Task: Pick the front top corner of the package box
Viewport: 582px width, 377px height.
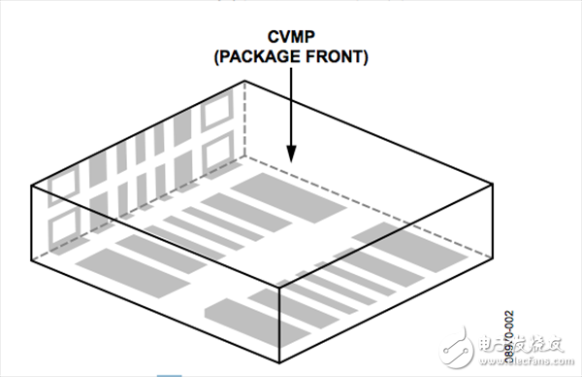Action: point(280,289)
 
